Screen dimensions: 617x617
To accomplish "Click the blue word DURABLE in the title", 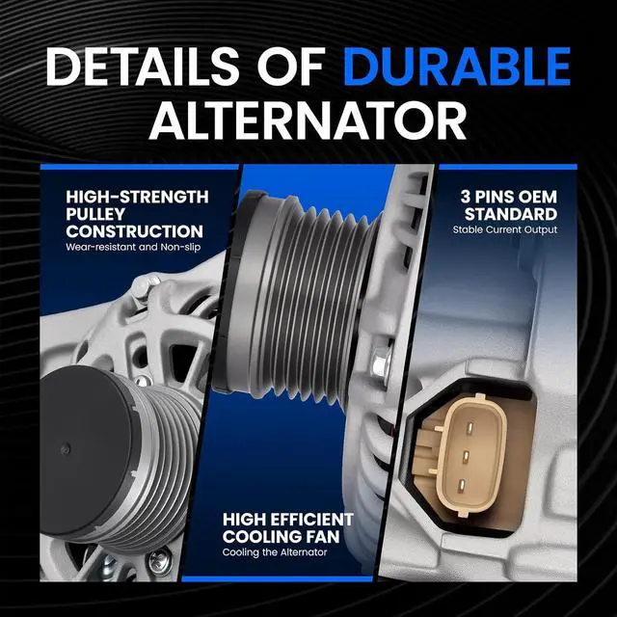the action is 457,67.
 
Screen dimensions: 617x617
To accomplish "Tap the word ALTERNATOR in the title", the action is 308,121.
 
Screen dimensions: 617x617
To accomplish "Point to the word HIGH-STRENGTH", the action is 137,197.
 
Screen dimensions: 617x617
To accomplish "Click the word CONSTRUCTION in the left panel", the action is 135,231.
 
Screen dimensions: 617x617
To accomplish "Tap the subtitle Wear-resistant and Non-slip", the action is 133,247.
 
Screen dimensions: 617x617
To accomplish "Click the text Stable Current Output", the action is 505,229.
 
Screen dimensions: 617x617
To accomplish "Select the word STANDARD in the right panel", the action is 511,214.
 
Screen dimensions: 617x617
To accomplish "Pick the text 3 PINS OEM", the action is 509,197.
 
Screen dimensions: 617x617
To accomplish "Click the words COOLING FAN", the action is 281,537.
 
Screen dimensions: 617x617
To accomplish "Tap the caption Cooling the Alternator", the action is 275,552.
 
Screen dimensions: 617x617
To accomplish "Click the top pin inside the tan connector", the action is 469,428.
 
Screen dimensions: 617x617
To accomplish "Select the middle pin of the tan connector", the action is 466,456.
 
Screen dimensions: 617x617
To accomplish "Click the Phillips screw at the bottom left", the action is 159,559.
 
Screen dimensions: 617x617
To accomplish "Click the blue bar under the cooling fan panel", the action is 277,578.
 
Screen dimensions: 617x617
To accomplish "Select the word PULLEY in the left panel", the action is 95,214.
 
